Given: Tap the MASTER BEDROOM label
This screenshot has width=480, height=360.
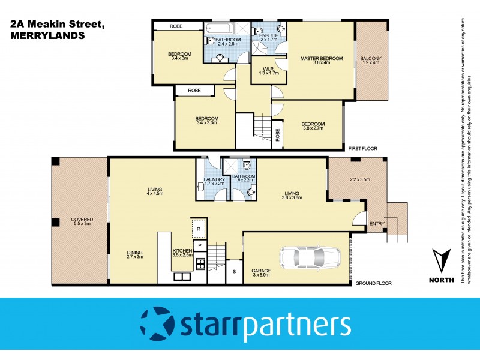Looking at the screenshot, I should (322, 58).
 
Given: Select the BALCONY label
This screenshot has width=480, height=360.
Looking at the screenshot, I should (370, 58).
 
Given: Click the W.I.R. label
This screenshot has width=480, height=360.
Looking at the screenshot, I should (265, 69).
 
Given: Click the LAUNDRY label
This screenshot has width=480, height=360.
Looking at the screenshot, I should (214, 179).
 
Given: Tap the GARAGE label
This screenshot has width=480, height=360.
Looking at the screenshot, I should (260, 271).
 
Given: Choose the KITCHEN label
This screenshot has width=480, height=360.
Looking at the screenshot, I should (182, 250).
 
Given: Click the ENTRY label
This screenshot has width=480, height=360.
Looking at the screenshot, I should (377, 224).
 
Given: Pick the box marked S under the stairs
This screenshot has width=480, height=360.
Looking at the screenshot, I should (234, 271).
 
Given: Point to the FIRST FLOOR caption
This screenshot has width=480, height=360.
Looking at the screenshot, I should (362, 147).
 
